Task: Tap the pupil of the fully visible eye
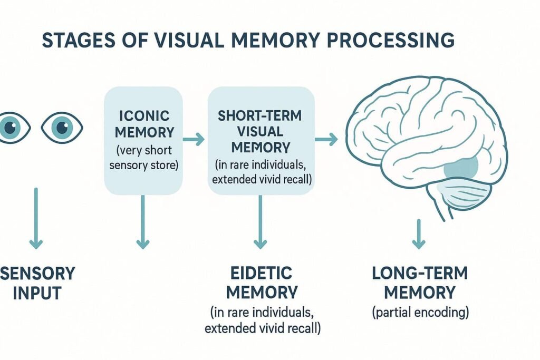click(62, 127)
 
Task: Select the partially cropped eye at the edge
click(11, 127)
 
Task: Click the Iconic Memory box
click(143, 140)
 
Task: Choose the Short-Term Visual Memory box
click(262, 140)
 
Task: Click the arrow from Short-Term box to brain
click(326, 140)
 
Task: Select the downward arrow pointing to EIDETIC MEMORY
click(260, 221)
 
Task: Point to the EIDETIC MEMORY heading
click(262, 283)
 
